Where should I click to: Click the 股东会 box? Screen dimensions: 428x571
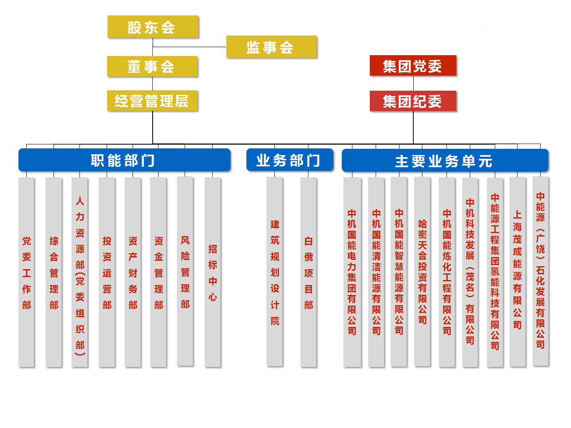153,27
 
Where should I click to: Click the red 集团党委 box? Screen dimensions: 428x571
413,66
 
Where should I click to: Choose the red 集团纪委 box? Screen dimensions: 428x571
413,101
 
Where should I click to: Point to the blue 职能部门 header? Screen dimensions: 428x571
124,160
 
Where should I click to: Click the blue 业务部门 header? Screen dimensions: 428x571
289,160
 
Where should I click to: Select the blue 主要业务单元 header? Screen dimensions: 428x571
445,161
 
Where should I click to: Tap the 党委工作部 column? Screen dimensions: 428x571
27,272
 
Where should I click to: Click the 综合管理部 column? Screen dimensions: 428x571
54,272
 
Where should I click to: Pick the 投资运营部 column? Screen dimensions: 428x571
107,272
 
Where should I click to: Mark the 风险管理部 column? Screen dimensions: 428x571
185,271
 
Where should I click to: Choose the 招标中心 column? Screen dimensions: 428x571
213,272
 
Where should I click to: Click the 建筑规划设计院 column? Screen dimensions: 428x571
275,272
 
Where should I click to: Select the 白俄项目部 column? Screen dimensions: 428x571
309,272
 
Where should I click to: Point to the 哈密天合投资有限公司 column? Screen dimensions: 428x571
422,272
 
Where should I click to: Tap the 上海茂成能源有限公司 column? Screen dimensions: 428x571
517,272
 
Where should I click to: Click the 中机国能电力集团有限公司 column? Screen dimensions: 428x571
352,272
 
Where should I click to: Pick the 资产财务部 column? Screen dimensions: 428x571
133,272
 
